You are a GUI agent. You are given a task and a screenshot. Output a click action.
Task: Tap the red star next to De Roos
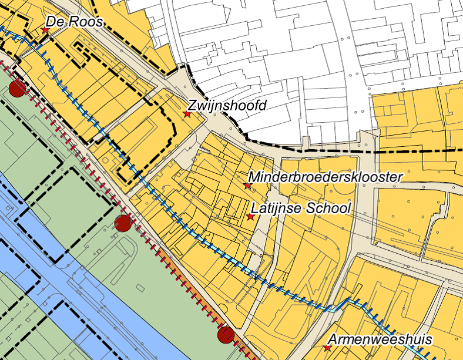(45, 29)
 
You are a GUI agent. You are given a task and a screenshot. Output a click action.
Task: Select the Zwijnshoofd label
(227, 106)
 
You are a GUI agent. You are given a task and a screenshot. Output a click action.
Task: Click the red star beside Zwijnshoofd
(187, 114)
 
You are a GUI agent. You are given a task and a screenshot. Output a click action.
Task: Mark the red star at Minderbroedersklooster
(247, 186)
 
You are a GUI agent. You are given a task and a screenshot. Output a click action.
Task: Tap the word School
(328, 209)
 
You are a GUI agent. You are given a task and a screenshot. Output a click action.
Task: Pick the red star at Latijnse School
(250, 217)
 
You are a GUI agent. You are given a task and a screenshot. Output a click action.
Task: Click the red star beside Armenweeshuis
(327, 348)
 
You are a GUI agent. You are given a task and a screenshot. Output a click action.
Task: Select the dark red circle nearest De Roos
(18, 89)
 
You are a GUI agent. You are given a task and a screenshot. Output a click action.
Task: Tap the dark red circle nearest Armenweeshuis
(226, 335)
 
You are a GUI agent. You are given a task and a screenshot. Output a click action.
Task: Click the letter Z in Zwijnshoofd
(192, 106)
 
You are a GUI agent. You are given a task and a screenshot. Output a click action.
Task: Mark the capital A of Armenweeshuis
(333, 339)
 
